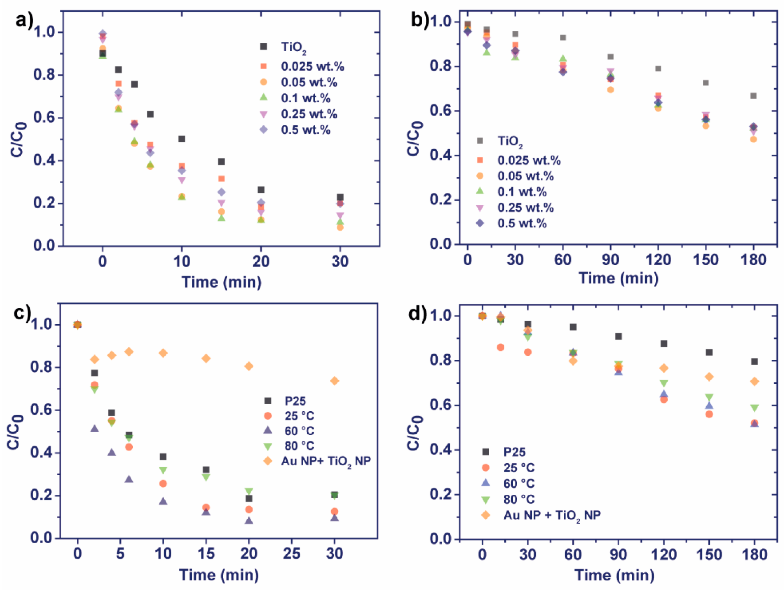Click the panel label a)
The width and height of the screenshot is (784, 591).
pos(24,21)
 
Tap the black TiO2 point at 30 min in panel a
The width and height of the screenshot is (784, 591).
pos(340,197)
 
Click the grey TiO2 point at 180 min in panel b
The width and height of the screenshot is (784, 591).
pos(753,96)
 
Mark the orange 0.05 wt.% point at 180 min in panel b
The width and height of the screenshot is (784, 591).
pos(753,139)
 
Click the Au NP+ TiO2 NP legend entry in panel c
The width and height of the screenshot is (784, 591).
pos(326,461)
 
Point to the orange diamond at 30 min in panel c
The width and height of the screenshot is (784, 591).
pos(334,381)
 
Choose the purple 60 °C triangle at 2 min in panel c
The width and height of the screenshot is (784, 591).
pos(94,429)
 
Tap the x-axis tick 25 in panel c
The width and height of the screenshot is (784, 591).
pos(292,553)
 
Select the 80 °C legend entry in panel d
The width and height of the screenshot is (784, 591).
pos(519,499)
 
